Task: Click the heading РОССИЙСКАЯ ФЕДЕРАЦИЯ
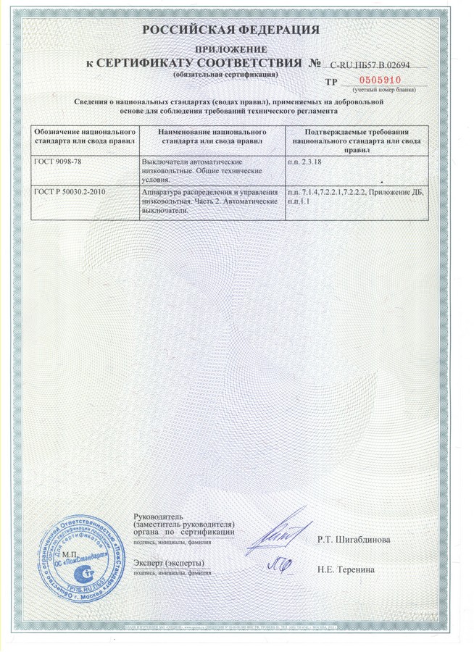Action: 230,30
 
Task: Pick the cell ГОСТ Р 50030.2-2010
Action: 70,191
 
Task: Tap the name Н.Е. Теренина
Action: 346,570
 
